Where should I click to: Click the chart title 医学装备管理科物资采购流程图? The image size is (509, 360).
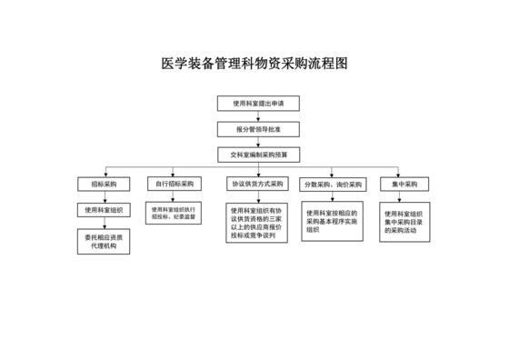click(254, 65)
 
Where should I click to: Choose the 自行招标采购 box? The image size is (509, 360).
click(175, 184)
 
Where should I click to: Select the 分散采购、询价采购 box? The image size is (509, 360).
click(334, 184)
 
